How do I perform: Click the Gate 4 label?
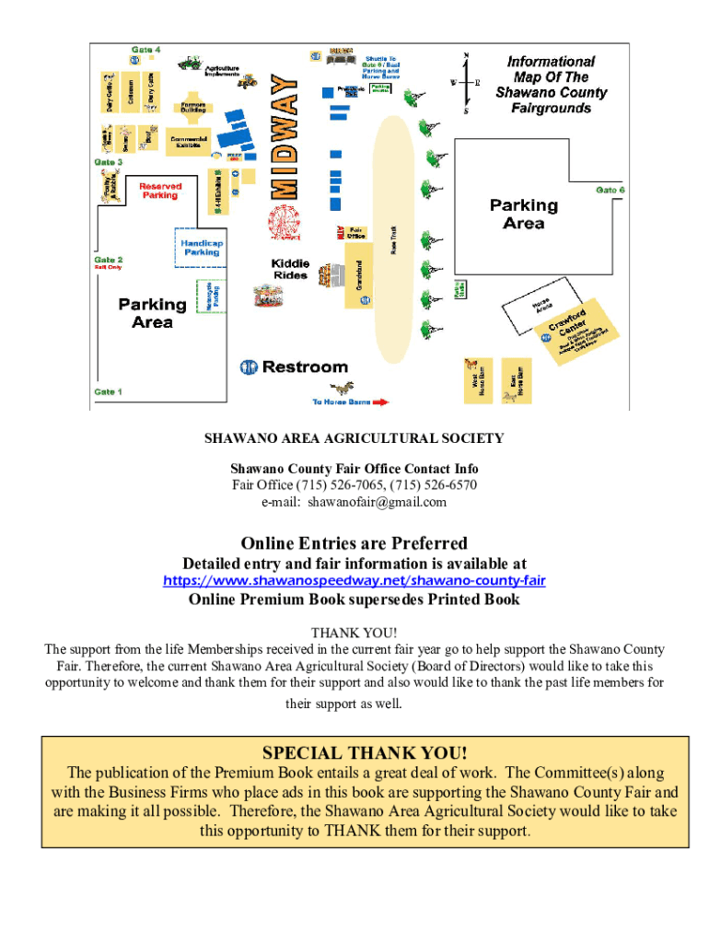(145, 48)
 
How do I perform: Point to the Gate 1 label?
(107, 391)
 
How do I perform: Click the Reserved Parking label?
(159, 191)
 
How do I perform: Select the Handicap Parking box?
(201, 248)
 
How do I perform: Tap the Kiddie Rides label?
(290, 269)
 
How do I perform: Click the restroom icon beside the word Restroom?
(249, 367)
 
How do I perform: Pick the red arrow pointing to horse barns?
(380, 402)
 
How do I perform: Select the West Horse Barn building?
(473, 380)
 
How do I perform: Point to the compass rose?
(466, 82)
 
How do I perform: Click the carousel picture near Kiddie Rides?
(268, 296)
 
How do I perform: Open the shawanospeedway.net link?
(354, 580)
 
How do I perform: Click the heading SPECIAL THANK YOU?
(365, 752)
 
